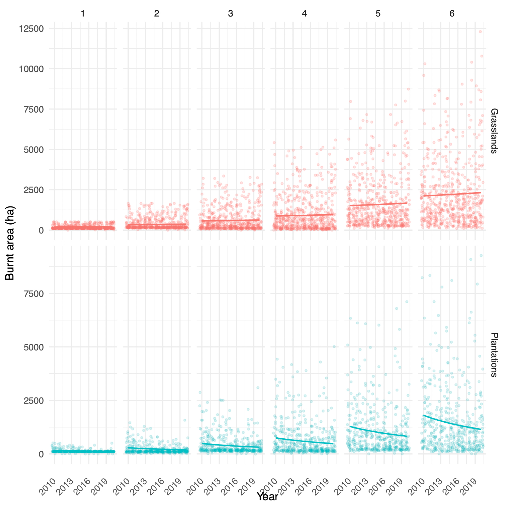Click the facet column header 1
83,13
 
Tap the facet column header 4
304,13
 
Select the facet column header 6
452,13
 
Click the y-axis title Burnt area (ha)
10,243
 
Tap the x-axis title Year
267,497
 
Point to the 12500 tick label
31,28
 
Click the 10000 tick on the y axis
31,69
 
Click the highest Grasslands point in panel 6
480,31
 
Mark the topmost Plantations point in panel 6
481,256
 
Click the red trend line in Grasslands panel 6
452,194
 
